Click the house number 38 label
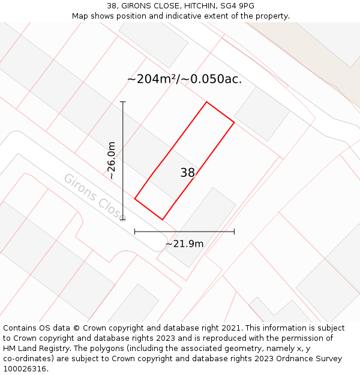[187, 173]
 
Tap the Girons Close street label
[95, 196]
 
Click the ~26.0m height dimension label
[112, 160]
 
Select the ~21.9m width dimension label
[184, 244]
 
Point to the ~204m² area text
[153, 79]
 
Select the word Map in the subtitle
[80, 16]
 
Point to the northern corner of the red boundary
[207, 102]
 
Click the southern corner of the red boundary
[162, 220]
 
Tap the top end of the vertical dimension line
[123, 102]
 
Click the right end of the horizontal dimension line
[234, 231]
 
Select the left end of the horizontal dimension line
[135, 231]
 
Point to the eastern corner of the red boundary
[234, 122]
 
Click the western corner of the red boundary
[135, 199]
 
